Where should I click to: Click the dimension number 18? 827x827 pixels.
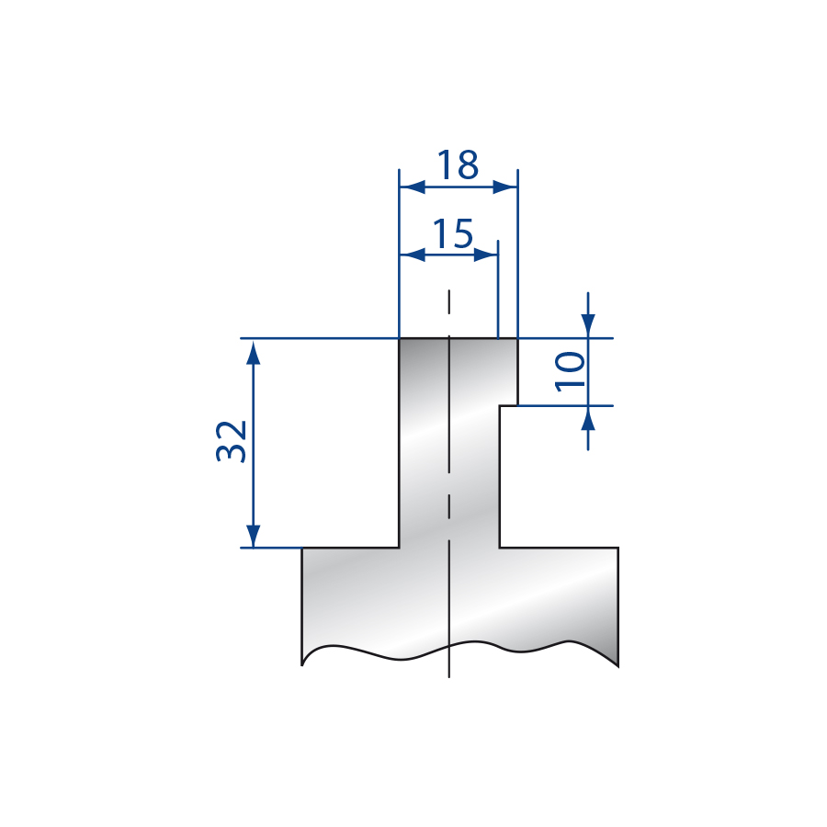coord(458,164)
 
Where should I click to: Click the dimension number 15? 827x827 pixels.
coord(452,233)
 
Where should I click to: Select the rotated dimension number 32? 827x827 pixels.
coord(232,442)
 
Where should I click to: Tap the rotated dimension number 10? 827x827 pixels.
coord(571,372)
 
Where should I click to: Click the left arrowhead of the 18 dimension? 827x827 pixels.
coord(413,187)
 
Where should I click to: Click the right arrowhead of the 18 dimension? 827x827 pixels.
coord(504,187)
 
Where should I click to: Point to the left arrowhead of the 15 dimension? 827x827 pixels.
coord(413,255)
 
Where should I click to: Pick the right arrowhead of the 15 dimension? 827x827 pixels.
coord(486,255)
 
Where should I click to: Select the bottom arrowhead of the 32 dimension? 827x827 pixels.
coord(254,536)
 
